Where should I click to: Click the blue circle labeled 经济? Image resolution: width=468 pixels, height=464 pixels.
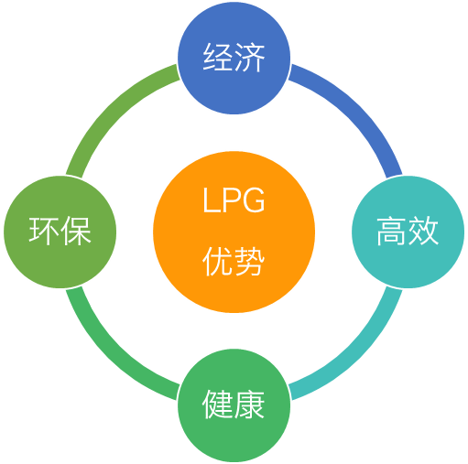(234, 58)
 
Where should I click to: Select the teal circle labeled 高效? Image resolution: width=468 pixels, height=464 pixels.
(408, 232)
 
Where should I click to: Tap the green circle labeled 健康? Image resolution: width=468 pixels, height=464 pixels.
(234, 405)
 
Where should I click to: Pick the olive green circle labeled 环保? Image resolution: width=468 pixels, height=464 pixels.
(60, 232)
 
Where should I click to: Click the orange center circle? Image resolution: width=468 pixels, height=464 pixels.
(234, 232)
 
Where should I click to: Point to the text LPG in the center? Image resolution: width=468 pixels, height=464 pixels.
(234, 200)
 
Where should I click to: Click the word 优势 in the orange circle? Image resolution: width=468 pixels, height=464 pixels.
(234, 262)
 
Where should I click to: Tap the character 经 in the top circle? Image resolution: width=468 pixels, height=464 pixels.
(218, 57)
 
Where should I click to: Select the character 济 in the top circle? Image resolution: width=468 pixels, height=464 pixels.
(249, 57)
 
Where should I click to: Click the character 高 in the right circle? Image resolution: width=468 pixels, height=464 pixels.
(392, 231)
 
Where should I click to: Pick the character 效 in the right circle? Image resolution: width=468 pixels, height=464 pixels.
(423, 231)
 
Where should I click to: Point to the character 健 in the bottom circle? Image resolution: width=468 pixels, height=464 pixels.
(218, 405)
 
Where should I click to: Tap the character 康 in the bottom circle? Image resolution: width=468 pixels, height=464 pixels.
(249, 405)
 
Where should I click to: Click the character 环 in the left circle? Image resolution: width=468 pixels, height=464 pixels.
(44, 231)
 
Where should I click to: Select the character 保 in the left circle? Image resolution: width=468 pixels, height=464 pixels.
(76, 231)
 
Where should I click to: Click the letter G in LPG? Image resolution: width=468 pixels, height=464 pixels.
(253, 200)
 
